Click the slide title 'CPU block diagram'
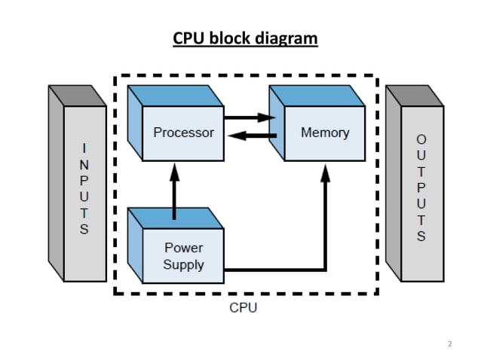(x=246, y=38)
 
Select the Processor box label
(x=183, y=133)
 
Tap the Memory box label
(x=325, y=133)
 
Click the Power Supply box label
(x=183, y=256)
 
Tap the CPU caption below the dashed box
(x=243, y=308)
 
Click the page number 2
(x=449, y=343)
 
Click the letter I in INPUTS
(x=84, y=147)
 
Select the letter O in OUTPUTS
(x=421, y=139)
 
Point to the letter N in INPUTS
(x=84, y=163)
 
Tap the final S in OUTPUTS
(x=421, y=236)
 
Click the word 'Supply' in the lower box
(x=183, y=264)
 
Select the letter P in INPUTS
(x=84, y=180)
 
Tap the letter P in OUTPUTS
(x=421, y=188)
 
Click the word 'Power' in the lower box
(x=183, y=248)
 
